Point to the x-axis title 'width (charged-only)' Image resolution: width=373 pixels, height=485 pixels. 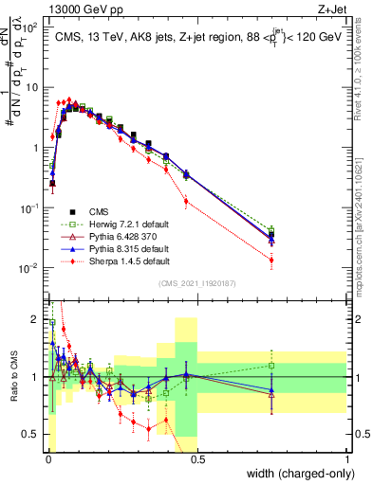click(x=295, y=475)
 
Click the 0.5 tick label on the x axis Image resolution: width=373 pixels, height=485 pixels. click(x=196, y=458)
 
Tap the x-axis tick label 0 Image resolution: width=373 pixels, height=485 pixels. click(x=47, y=458)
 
